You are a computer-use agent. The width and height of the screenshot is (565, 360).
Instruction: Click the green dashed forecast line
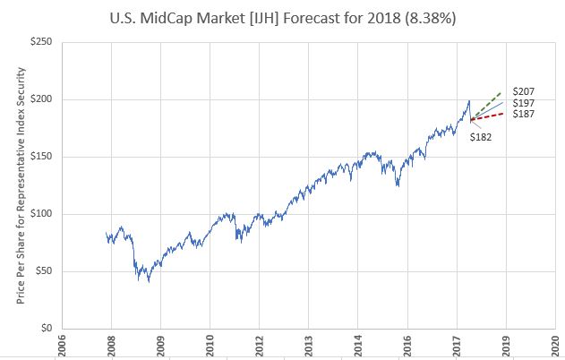point(488,105)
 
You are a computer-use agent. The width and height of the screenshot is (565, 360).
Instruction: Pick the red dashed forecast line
point(488,116)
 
